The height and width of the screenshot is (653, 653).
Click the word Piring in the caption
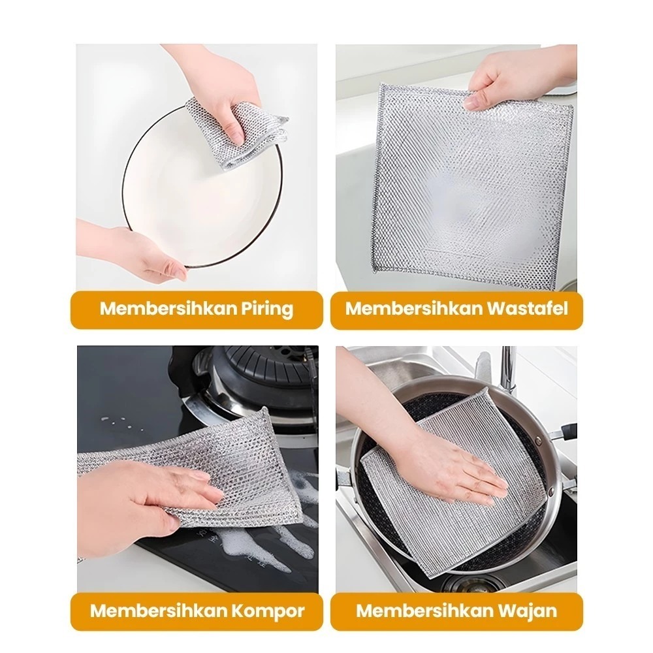(267, 310)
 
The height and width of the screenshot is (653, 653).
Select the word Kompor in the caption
(268, 611)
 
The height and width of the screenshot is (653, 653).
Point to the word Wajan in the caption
(531, 611)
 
